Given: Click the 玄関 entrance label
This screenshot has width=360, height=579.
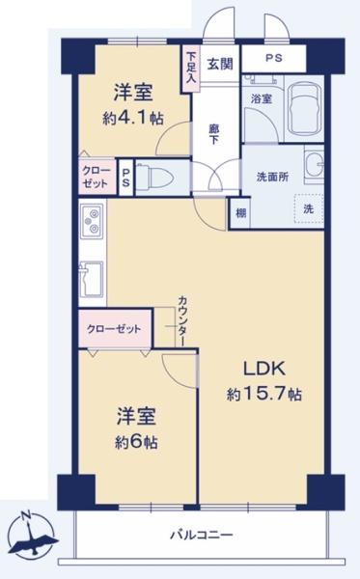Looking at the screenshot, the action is tap(220, 64).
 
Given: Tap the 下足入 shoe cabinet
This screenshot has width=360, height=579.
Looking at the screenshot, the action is tap(190, 69).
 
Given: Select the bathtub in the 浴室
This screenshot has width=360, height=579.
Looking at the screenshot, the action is tap(304, 109).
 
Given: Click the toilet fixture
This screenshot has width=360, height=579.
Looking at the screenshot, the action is tap(155, 178).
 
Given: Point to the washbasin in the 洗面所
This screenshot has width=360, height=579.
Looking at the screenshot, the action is tap(314, 165).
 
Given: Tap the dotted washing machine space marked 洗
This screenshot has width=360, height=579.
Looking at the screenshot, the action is tap(309, 208).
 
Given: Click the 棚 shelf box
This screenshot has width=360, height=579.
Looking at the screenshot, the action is tap(240, 213).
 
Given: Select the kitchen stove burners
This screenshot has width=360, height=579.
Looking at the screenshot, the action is tap(92, 221).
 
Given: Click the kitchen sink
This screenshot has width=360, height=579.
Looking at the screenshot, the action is tap(91, 279).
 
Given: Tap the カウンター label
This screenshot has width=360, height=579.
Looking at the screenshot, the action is tap(182, 320).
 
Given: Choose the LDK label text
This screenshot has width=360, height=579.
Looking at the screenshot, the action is tap(263, 369).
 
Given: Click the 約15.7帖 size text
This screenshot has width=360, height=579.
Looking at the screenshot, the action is tap(264, 395).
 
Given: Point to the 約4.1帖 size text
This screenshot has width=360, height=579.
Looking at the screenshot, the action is tap(133, 118).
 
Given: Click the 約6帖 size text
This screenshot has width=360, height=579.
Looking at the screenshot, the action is tap(136, 442).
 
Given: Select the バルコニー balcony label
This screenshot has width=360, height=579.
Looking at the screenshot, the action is tap(201, 535).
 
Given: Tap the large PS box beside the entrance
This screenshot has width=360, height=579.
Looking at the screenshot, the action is tap(273, 58).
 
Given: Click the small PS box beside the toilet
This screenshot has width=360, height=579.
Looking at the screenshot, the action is tap(126, 178).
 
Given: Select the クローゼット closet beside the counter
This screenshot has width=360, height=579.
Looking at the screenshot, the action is tap(115, 329).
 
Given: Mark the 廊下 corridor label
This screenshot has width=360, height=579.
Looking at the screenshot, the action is tap(214, 134).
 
